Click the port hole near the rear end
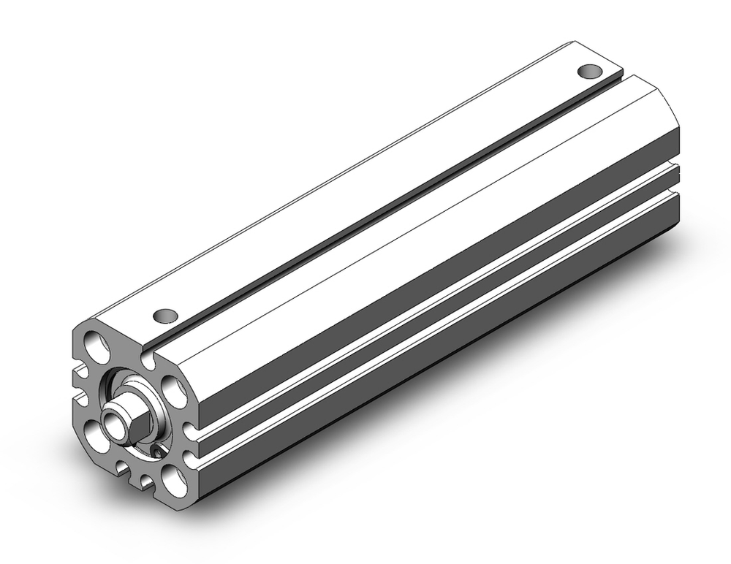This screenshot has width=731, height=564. (x=589, y=71)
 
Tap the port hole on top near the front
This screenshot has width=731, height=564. (x=166, y=316)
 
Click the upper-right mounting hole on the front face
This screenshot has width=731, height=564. (x=173, y=388)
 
